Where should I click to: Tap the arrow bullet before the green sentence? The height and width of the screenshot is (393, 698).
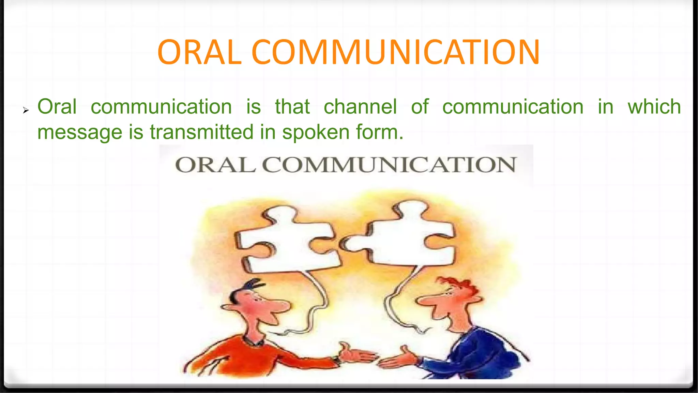click(26, 110)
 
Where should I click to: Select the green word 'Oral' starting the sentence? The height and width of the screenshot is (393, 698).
click(57, 106)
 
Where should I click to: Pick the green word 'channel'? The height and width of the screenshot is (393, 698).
click(360, 106)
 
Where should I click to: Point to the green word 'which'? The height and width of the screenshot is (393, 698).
click(654, 106)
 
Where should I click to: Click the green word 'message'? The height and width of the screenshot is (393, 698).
click(79, 132)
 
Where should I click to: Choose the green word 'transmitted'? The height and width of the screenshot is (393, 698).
click(202, 132)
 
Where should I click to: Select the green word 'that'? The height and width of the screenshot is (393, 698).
click(292, 106)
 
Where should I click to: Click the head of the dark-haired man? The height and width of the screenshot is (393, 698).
click(254, 304)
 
